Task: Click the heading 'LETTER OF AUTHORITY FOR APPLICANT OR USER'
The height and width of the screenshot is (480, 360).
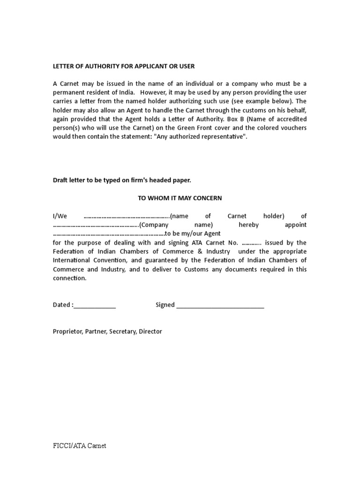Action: click(123, 66)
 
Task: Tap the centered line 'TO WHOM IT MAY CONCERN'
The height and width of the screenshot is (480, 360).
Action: click(180, 198)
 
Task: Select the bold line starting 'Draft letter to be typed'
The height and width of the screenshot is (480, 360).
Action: click(122, 180)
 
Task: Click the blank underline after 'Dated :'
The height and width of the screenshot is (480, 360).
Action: click(95, 306)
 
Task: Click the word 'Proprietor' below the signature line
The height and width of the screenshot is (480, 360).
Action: click(67, 331)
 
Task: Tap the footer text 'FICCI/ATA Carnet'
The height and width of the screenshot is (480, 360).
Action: click(79, 445)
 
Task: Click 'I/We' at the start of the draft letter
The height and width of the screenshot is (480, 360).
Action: click(60, 216)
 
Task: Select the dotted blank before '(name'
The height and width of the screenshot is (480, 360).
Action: click(127, 216)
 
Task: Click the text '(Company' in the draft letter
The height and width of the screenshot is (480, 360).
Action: click(154, 225)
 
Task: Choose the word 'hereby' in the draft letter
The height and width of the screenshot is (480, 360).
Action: click(248, 225)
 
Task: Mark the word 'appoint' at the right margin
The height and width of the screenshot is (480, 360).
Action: click(296, 225)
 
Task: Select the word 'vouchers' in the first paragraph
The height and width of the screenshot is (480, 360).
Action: click(293, 128)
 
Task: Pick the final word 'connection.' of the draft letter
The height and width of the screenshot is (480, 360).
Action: click(70, 278)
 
